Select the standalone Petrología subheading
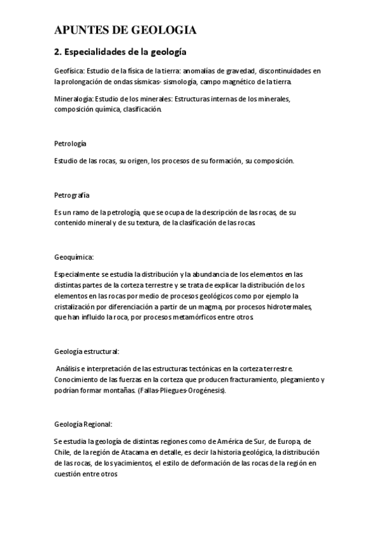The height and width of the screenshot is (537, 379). pos(70,144)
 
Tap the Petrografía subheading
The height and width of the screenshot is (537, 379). pos(72,194)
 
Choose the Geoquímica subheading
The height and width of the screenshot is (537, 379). pos(73,257)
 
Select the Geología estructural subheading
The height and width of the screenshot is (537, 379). pos(87,351)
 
